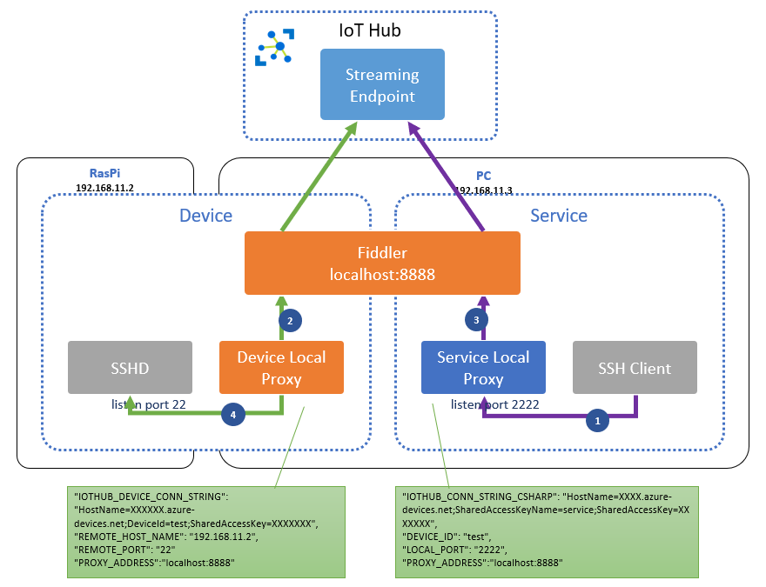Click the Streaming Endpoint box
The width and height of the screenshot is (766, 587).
(x=382, y=84)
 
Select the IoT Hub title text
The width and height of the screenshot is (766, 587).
(x=370, y=31)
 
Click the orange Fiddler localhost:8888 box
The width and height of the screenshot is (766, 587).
(x=382, y=263)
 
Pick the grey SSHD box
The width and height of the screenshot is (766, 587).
(x=130, y=368)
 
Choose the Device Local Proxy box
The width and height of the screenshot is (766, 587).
(x=282, y=368)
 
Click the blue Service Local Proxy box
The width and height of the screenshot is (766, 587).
(x=483, y=368)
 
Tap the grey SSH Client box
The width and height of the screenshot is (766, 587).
(x=635, y=368)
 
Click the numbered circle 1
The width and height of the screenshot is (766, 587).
(x=597, y=420)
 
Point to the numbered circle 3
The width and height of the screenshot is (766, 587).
(x=474, y=320)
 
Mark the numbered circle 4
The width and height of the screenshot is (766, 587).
(x=233, y=415)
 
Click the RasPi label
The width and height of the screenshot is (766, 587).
(x=104, y=172)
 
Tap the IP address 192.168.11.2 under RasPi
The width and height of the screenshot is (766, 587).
(x=104, y=186)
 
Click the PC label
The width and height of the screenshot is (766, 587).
(x=484, y=176)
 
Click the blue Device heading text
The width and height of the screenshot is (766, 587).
(x=205, y=215)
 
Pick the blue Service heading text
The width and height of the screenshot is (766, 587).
(x=559, y=215)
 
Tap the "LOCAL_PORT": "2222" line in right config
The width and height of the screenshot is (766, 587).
(x=455, y=550)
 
